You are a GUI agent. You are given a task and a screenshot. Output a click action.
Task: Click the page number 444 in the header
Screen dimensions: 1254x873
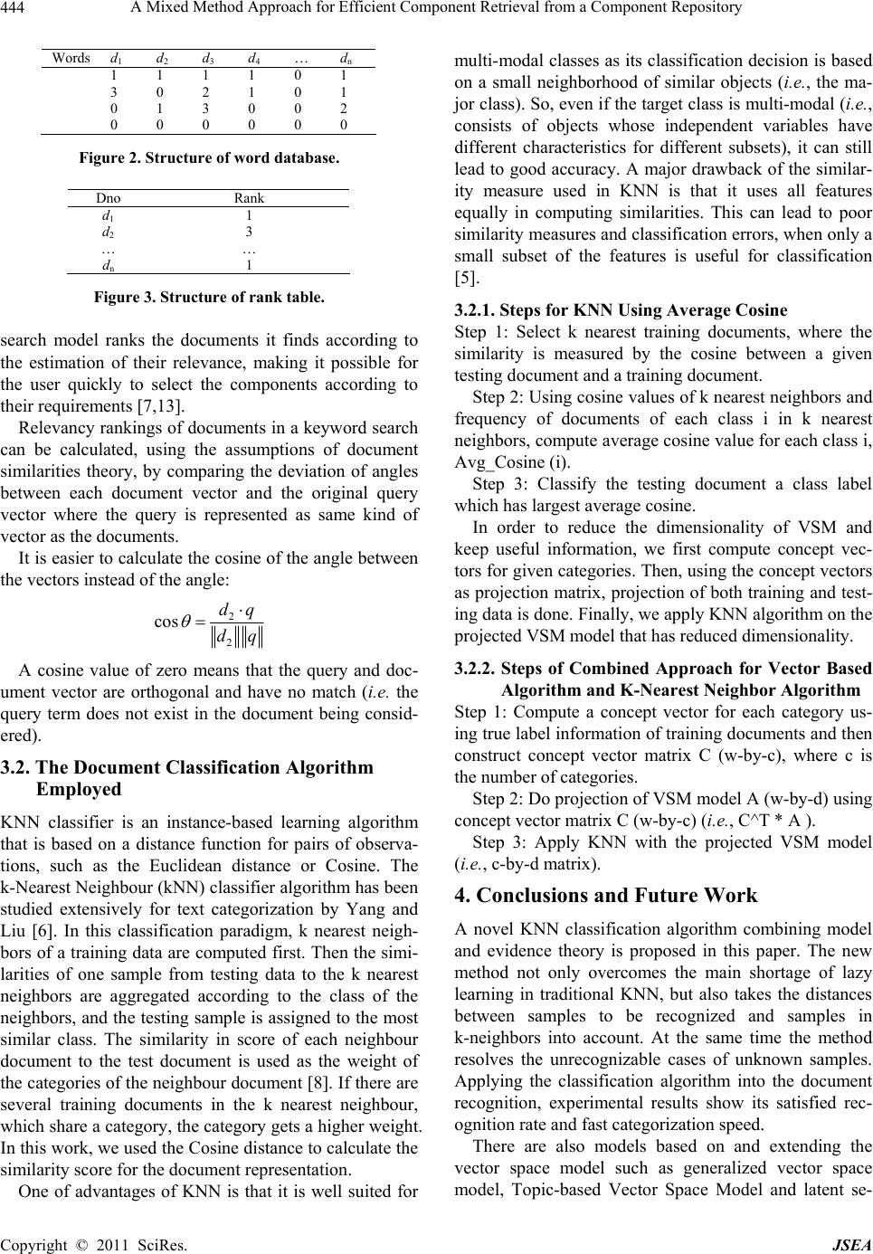click(15, 9)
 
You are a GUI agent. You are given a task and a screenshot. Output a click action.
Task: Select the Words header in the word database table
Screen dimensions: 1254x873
click(71, 58)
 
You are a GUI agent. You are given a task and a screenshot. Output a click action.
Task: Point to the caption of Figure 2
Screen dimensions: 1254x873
click(209, 158)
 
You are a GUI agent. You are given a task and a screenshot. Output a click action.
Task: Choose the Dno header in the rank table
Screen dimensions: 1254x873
click(109, 198)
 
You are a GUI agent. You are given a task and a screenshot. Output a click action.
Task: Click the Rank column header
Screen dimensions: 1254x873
click(249, 198)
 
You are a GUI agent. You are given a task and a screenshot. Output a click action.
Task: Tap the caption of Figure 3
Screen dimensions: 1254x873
click(209, 296)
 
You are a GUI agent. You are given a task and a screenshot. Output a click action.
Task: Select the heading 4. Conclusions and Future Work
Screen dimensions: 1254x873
click(605, 897)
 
